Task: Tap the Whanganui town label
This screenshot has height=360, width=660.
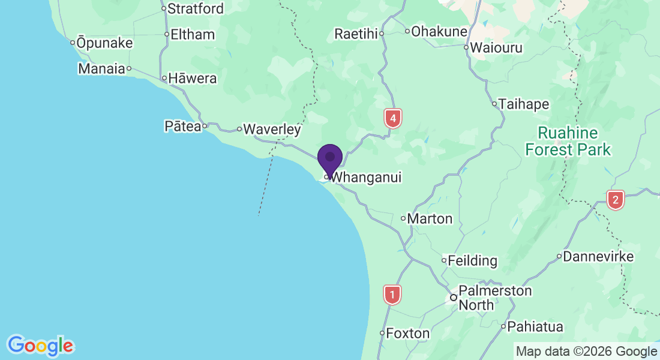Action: click(x=366, y=178)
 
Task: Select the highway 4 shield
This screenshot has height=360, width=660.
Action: click(x=392, y=118)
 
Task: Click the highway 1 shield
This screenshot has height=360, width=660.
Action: click(x=392, y=295)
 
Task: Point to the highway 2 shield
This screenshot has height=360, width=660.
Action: click(x=615, y=200)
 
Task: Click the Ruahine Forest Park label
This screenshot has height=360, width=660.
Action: click(x=568, y=141)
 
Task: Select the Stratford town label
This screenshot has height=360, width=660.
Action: click(x=196, y=8)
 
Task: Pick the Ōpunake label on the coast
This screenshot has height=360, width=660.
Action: click(x=104, y=43)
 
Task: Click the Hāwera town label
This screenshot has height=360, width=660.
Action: click(x=193, y=79)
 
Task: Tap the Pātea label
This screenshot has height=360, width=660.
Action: click(x=182, y=127)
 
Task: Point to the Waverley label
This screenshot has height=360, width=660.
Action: click(x=272, y=129)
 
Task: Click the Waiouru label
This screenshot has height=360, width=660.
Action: click(x=496, y=47)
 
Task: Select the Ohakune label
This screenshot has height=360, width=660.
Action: click(x=439, y=31)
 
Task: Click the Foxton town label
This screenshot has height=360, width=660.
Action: click(x=408, y=333)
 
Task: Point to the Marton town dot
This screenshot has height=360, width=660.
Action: click(x=403, y=218)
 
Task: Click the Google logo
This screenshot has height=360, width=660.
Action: click(x=40, y=346)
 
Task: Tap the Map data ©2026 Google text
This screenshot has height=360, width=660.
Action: click(x=586, y=352)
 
